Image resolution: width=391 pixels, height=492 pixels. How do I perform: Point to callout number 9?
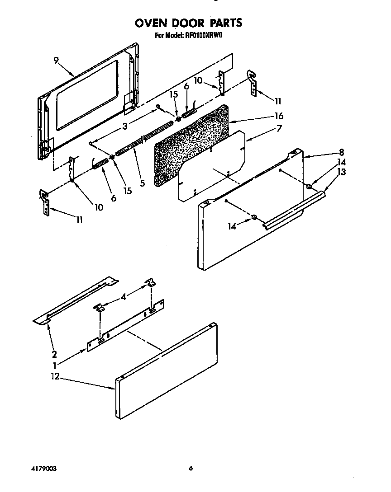point(57,61)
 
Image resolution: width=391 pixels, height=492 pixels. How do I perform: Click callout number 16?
point(279,116)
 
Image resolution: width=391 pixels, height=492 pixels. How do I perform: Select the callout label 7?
point(279,128)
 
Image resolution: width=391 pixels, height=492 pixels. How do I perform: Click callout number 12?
point(55,377)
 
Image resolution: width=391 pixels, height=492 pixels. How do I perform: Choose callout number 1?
point(55,365)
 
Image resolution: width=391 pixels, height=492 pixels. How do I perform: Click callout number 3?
point(125,126)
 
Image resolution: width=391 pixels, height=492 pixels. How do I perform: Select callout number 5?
point(142,183)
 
